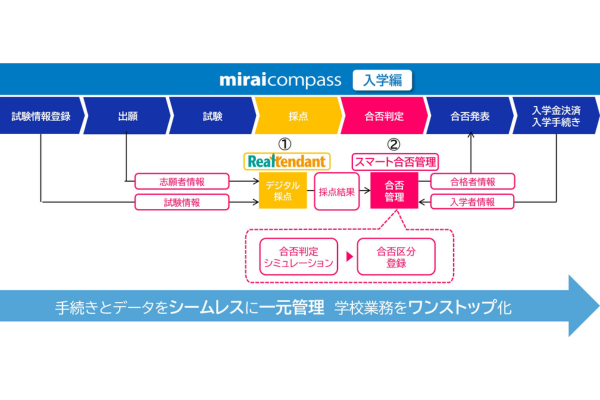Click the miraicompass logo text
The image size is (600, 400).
pyautogui.click(x=280, y=80)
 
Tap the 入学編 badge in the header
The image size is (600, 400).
pyautogui.click(x=382, y=80)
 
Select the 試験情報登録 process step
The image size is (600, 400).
pyautogui.click(x=41, y=116)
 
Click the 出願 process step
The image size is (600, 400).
pyautogui.click(x=127, y=116)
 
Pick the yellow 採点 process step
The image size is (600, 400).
pyautogui.click(x=298, y=116)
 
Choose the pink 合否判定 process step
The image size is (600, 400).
pyautogui.click(x=384, y=116)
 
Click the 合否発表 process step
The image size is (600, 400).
pyautogui.click(x=470, y=116)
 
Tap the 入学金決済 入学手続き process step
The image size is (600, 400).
pyautogui.click(x=556, y=116)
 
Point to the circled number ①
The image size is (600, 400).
pyautogui.click(x=284, y=144)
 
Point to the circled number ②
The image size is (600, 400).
pyautogui.click(x=394, y=144)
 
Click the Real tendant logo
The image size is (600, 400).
pyautogui.click(x=287, y=161)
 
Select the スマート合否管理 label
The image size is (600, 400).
pyautogui.click(x=395, y=162)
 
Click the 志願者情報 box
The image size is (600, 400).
pyautogui.click(x=182, y=181)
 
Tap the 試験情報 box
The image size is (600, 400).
pyautogui.click(x=182, y=202)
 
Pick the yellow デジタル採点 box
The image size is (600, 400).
pyautogui.click(x=283, y=191)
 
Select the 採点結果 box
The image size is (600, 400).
pyautogui.click(x=337, y=191)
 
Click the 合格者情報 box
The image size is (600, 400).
pyautogui.click(x=473, y=181)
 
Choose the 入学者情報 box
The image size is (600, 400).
pyautogui.click(x=473, y=202)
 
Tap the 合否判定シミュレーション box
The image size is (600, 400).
pyautogui.click(x=298, y=257)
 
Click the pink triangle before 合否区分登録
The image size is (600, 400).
pyautogui.click(x=349, y=256)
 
